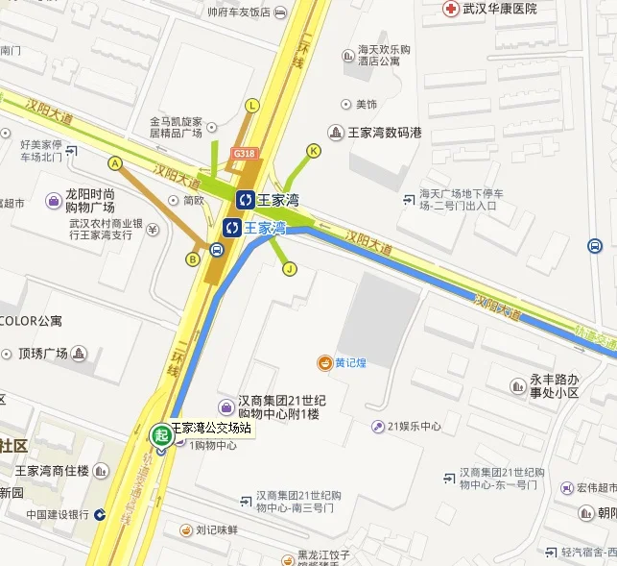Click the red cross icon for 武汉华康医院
[450, 9]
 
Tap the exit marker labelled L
[252, 106]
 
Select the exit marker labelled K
[313, 151]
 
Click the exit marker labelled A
[115, 162]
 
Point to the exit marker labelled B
[193, 258]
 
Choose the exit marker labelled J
[288, 269]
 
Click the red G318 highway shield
[244, 153]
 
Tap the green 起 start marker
[161, 434]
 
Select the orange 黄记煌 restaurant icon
[325, 362]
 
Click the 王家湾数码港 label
[384, 132]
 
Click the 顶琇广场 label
[42, 354]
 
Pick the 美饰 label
[366, 104]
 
